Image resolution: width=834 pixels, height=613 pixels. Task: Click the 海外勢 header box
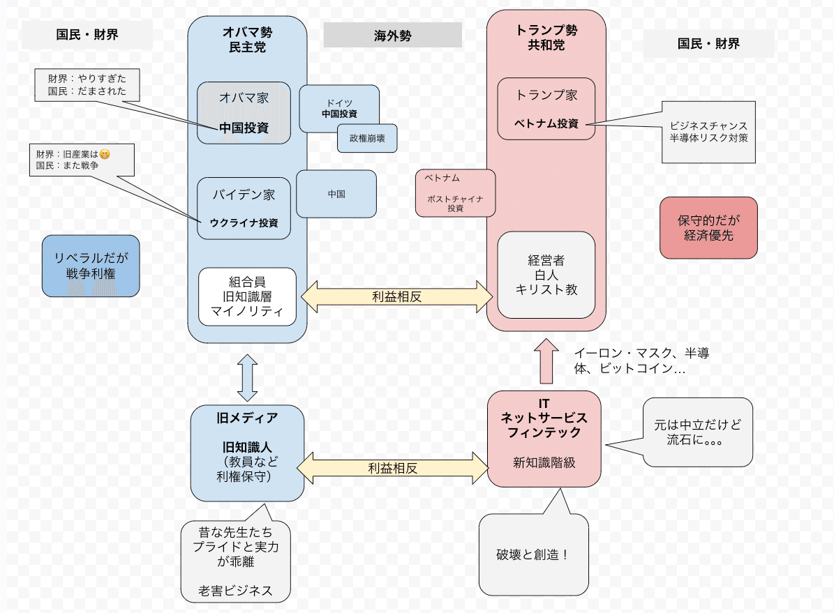tap(392, 36)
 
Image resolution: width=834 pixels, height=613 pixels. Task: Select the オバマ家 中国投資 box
tap(244, 113)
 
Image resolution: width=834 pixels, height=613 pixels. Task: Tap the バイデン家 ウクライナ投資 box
tap(244, 208)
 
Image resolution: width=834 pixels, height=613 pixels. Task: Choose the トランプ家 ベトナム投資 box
tap(546, 109)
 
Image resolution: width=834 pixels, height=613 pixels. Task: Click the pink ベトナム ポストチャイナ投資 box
tap(455, 192)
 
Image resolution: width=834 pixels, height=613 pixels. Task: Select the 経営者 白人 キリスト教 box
tap(546, 275)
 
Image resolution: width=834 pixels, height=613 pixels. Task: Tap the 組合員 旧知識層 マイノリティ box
tap(247, 296)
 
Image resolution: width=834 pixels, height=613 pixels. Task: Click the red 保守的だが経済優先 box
tap(708, 227)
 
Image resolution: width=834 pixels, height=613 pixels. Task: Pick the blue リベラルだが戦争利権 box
tap(91, 266)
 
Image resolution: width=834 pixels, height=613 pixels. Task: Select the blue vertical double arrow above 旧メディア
tap(247, 377)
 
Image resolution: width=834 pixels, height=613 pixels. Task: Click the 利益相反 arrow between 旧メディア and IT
tap(393, 468)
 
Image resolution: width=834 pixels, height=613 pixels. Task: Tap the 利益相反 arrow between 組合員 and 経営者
tap(396, 296)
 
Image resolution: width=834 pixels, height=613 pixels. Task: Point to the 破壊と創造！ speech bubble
tap(533, 555)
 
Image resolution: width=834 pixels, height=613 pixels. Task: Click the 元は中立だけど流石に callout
tap(697, 432)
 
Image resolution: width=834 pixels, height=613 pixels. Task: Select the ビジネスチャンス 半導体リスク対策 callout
tap(708, 132)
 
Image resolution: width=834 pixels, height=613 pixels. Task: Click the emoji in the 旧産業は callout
tap(105, 154)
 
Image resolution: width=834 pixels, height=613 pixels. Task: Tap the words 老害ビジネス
tap(235, 591)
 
